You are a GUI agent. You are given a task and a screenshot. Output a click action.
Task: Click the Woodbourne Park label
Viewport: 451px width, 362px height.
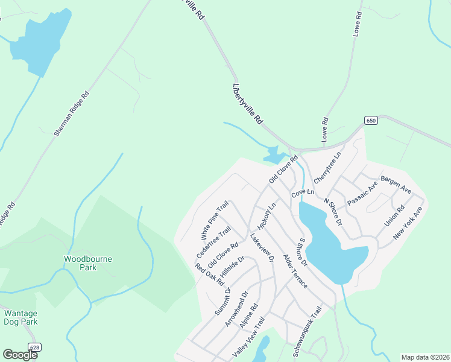coord(80,263)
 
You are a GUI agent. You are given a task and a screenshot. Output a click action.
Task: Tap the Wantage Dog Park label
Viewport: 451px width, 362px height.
coord(21,317)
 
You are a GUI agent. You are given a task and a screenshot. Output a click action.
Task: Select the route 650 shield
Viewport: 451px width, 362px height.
coord(371,121)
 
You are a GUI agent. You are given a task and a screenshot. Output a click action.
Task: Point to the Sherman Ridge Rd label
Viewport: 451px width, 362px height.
coord(72,113)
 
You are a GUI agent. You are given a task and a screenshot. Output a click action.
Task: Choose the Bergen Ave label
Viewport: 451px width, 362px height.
coord(396,185)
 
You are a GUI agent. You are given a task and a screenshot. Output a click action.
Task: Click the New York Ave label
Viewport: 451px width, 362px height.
coord(409,223)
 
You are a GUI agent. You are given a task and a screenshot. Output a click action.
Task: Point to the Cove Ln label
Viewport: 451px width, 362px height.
coord(303,194)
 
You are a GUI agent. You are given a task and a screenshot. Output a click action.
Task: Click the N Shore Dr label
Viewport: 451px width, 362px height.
coord(333,212)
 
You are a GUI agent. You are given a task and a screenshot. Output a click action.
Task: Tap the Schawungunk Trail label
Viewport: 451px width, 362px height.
coord(307,331)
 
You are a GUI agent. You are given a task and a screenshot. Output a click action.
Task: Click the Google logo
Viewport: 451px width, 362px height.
coord(20,355)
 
